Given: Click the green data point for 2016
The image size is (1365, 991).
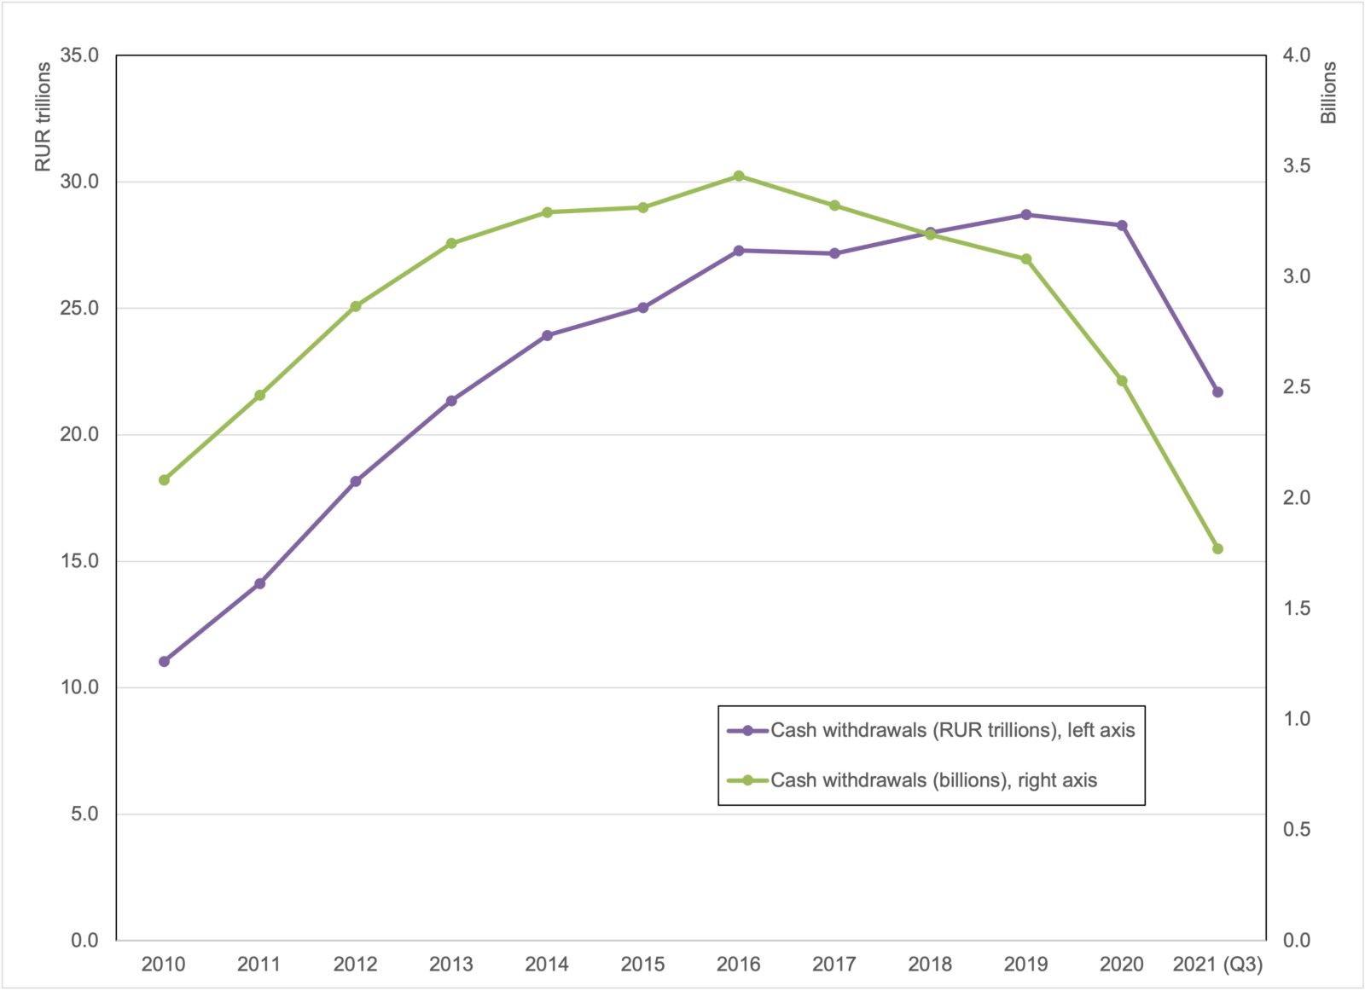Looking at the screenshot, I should [739, 177].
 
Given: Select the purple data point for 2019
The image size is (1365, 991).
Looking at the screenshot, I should [1026, 215].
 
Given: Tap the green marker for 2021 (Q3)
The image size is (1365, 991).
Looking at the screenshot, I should [1217, 549].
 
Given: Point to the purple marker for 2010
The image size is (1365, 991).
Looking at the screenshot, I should [164, 662].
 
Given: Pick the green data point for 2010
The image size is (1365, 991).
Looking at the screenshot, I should [164, 480].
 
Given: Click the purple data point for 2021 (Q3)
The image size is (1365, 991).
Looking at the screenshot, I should [1217, 392].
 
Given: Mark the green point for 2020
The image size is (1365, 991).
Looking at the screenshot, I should [1122, 381].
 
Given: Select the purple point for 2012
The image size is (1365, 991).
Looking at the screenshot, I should [356, 482].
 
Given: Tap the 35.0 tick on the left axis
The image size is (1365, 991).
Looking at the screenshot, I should [79, 55].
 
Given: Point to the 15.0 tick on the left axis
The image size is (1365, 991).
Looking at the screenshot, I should [79, 561].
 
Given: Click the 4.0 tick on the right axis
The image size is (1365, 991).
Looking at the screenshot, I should [1297, 55].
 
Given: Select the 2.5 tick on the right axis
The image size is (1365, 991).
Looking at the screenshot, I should [1297, 387].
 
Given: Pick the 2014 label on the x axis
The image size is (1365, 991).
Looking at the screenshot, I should [547, 965].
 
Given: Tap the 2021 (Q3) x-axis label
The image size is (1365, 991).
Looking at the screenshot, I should [1217, 965].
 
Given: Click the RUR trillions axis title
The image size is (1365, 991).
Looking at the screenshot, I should [43, 118].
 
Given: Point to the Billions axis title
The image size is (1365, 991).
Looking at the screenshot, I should [1328, 92].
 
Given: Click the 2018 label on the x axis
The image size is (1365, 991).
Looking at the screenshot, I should [930, 965].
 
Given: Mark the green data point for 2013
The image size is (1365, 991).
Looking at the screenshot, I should [451, 244].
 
